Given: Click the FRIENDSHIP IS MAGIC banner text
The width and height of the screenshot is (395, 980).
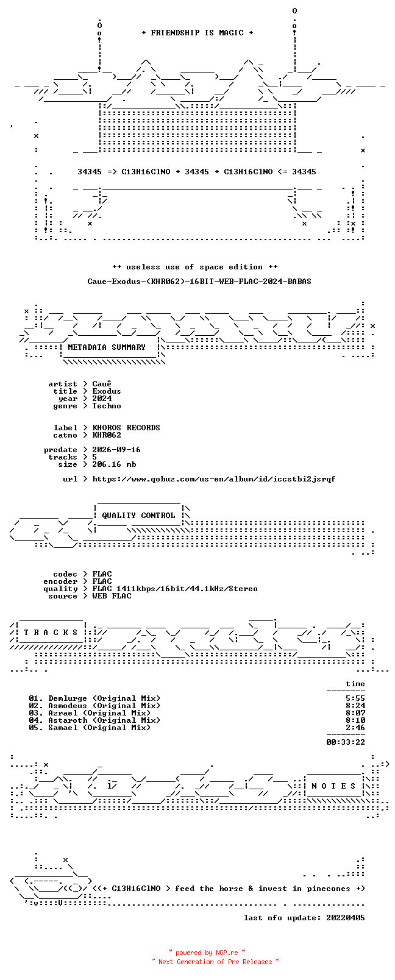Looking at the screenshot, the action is pyautogui.click(x=197, y=33).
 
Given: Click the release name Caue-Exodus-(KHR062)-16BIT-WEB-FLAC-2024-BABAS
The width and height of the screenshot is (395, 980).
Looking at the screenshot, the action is pyautogui.click(x=199, y=282).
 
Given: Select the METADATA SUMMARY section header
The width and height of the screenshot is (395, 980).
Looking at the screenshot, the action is pyautogui.click(x=106, y=347).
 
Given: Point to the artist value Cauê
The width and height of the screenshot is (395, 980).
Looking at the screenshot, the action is pyautogui.click(x=101, y=384).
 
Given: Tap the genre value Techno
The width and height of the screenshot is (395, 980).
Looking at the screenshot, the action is pyautogui.click(x=106, y=406).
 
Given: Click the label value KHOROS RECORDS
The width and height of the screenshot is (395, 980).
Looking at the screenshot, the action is pyautogui.click(x=126, y=428).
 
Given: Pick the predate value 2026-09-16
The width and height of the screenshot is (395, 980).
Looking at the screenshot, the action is pyautogui.click(x=116, y=450).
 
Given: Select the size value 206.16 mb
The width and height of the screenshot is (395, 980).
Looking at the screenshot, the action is pyautogui.click(x=114, y=464).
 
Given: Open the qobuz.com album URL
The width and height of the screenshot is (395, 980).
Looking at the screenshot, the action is pyautogui.click(x=213, y=479).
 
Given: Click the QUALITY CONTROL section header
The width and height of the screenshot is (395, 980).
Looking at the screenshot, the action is pyautogui.click(x=138, y=516).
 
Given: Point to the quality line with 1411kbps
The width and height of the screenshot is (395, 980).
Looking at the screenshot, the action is pyautogui.click(x=174, y=589).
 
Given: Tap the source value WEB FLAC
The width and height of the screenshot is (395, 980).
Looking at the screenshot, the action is pyautogui.click(x=112, y=596).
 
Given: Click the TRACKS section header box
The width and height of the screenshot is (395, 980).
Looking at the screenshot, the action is pyautogui.click(x=51, y=633).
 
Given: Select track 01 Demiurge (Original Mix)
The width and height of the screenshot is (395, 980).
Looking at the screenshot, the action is pyautogui.click(x=94, y=698).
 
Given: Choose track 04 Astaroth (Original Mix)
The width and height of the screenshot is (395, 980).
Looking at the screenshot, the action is pyautogui.click(x=94, y=720).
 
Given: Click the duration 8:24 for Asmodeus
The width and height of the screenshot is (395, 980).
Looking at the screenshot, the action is pyautogui.click(x=355, y=706).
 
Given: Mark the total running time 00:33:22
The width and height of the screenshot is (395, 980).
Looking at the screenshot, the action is pyautogui.click(x=346, y=742).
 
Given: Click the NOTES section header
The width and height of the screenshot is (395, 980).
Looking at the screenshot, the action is pyautogui.click(x=334, y=786).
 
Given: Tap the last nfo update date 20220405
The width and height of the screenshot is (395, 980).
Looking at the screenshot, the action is pyautogui.click(x=346, y=918).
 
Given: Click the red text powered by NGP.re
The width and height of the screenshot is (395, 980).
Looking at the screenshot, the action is pyautogui.click(x=207, y=953).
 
